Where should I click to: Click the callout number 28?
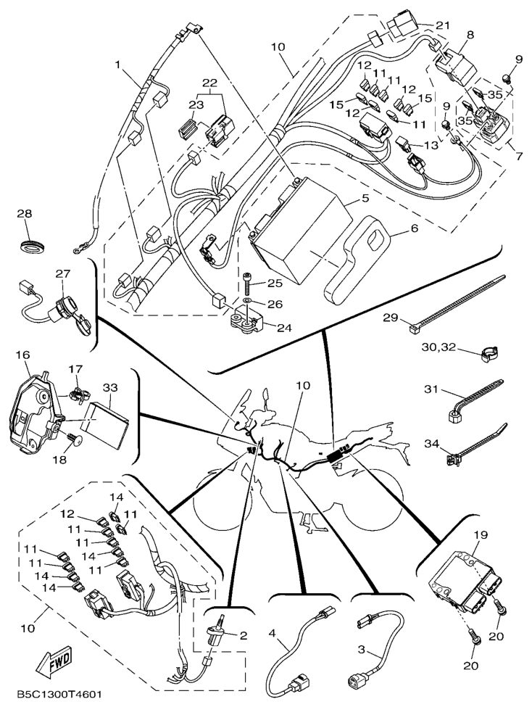click(x=25, y=214)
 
